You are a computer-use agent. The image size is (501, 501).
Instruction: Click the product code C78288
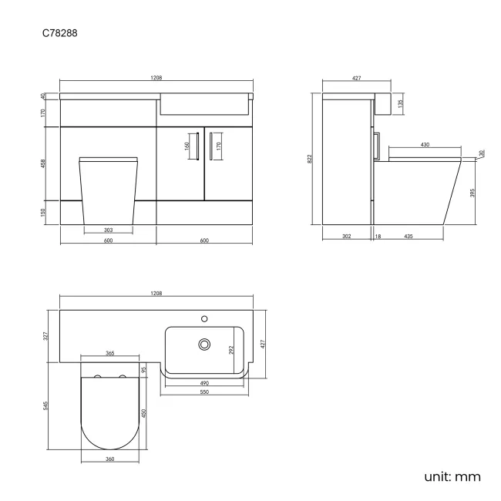coord(59,34)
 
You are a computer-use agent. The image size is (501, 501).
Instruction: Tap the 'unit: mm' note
coord(452,476)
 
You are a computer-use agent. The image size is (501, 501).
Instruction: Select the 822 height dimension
coord(311,158)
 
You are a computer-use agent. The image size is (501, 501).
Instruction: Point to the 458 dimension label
coord(44,163)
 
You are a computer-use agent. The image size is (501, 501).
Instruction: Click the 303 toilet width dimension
coord(108,230)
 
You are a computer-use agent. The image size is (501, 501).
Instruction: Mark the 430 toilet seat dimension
coord(425,144)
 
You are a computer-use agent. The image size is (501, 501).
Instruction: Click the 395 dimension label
coord(472,192)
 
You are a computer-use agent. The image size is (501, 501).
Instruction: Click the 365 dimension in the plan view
coord(109,353)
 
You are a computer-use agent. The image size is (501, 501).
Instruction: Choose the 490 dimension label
coord(204,383)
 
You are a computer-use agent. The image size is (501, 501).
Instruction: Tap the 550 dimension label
coord(204,392)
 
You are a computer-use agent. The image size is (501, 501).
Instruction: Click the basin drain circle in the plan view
coord(205,344)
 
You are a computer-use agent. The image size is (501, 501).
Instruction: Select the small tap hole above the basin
coord(205,317)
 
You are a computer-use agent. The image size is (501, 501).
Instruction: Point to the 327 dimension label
coord(47,335)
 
